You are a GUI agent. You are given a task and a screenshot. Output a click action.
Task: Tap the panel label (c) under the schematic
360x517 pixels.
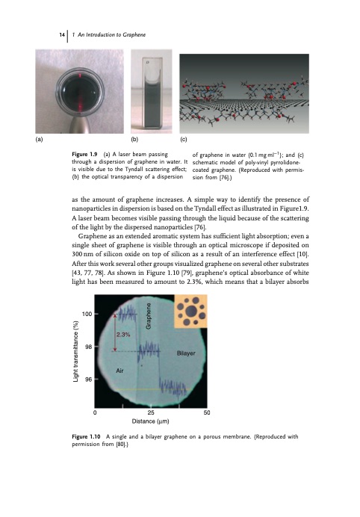click(x=184, y=139)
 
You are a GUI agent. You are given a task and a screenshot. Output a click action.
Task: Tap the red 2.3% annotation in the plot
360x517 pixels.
click(x=124, y=335)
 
